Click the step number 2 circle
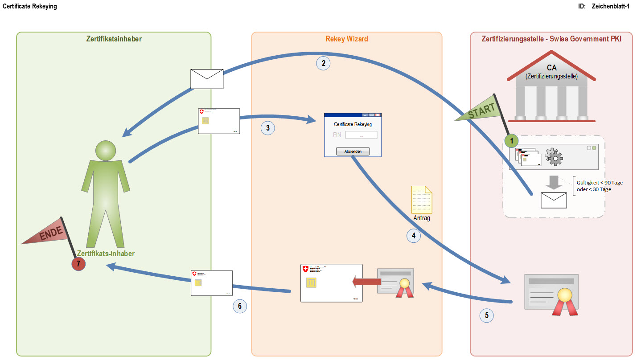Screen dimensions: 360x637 tap(323, 63)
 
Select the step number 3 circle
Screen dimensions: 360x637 tap(267, 128)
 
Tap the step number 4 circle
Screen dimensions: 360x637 tap(414, 236)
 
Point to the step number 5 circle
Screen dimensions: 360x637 tap(486, 315)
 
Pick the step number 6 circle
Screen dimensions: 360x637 tap(240, 306)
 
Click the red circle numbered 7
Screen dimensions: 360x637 tap(78, 264)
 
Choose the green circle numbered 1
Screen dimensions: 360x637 tap(512, 141)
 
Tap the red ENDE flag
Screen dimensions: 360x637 tap(47, 234)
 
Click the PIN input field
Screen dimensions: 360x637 tap(361, 135)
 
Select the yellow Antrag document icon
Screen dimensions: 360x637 tap(422, 200)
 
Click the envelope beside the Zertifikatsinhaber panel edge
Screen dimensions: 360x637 tap(206, 79)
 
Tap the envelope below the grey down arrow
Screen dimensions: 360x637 tap(554, 200)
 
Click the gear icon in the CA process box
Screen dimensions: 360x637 tap(554, 157)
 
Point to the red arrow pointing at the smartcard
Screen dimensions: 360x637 tap(366, 281)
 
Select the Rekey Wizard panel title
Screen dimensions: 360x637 tap(347, 39)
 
